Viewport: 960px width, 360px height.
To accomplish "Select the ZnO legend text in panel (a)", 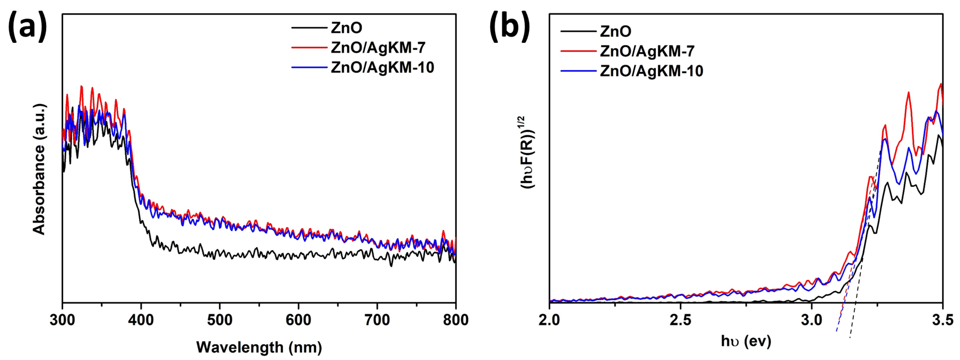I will click(x=346, y=28).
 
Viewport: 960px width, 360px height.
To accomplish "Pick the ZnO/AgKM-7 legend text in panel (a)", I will click(x=378, y=48).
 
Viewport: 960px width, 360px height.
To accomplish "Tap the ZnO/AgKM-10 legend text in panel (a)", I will click(x=382, y=67).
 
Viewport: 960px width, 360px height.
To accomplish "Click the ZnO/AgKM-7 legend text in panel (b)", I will click(x=647, y=51).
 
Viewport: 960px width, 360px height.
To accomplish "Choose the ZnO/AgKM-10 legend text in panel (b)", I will click(x=652, y=71).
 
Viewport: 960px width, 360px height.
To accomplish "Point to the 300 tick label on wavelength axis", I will click(x=62, y=320).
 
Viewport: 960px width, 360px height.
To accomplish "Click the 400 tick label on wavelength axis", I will click(x=141, y=320).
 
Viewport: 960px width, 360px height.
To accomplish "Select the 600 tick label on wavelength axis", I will click(x=298, y=320).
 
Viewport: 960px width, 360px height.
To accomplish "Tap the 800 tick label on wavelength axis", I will click(x=455, y=320).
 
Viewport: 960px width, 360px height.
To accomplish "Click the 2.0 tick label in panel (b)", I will click(x=549, y=320).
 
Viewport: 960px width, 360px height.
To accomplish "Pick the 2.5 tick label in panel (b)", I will click(x=681, y=320).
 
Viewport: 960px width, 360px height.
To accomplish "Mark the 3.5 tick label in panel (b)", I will click(x=942, y=320).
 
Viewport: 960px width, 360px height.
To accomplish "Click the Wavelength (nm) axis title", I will click(x=259, y=347).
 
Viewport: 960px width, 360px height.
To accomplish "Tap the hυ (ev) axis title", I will click(x=746, y=341).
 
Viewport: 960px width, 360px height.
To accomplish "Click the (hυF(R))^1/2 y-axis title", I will click(x=527, y=152).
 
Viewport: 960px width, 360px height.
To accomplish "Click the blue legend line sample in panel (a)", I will click(x=309, y=67).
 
